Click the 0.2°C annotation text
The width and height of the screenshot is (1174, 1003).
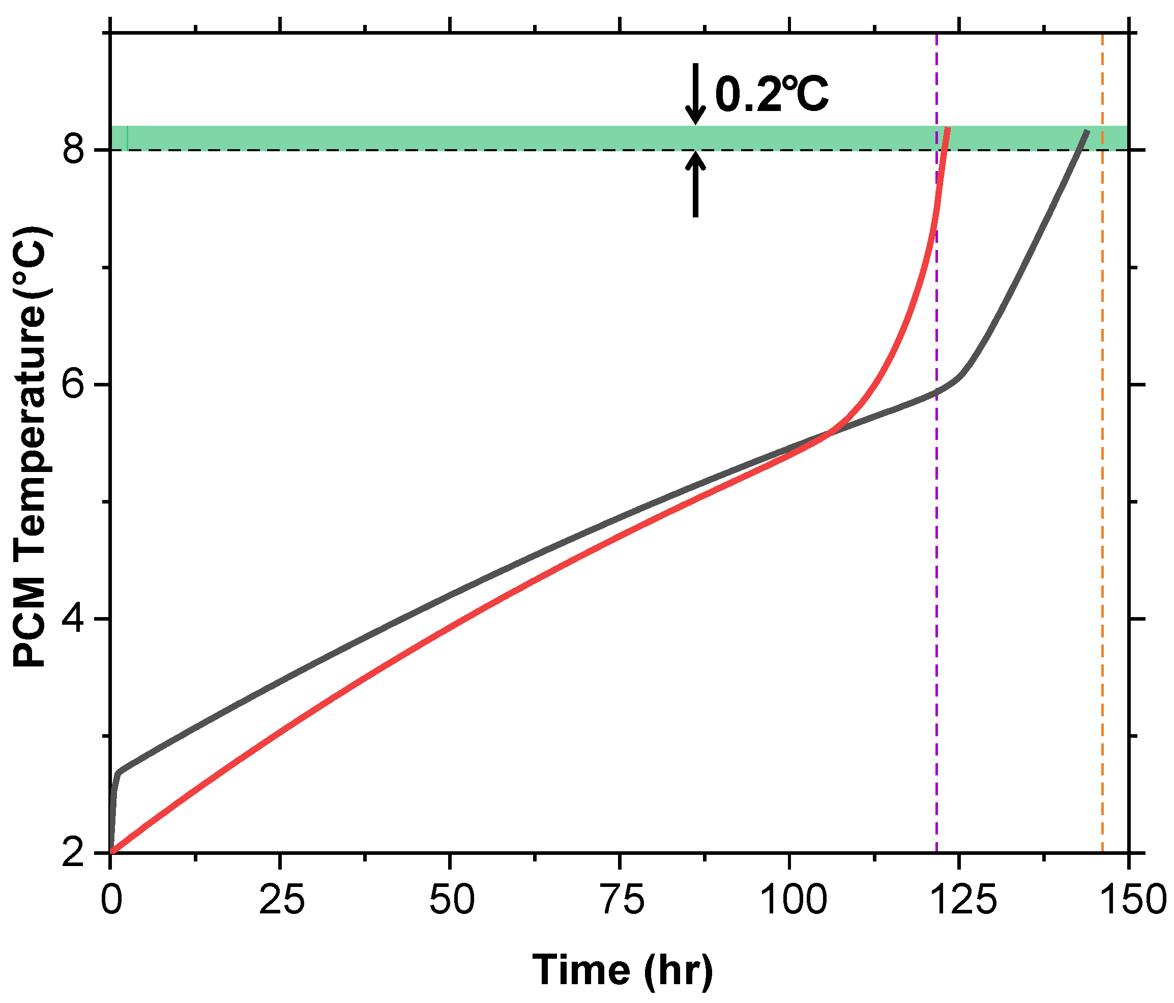coord(772,95)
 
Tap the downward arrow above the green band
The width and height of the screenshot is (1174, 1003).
coord(696,94)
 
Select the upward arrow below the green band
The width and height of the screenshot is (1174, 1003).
coord(696,185)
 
